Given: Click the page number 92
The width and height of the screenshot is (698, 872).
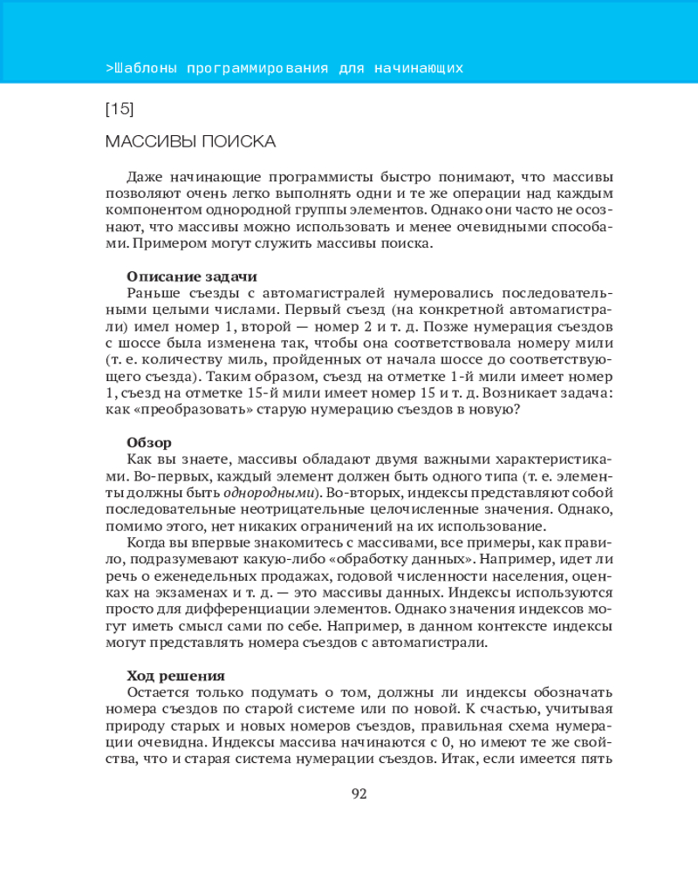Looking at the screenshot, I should point(359,794).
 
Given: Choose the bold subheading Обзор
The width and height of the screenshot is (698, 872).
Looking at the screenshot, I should point(149,442).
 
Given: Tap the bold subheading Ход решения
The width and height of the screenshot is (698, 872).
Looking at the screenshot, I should point(175,674).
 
